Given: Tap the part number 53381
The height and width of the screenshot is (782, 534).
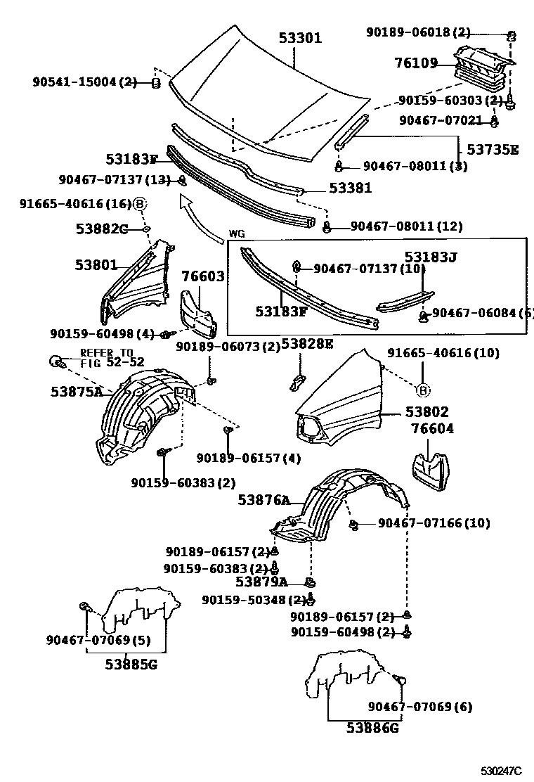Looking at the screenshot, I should (x=351, y=189).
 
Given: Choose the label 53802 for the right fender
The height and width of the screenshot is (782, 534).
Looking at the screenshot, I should (x=426, y=412).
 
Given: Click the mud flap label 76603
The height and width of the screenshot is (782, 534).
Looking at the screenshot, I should (x=203, y=276).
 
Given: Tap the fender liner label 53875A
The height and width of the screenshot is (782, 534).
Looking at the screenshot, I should (x=77, y=392).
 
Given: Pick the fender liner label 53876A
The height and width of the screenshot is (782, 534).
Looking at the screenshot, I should (x=263, y=500).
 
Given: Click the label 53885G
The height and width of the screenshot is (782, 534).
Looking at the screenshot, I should (x=131, y=664).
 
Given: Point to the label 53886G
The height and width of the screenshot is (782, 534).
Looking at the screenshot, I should (x=373, y=729).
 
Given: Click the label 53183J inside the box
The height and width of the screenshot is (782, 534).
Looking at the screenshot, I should (x=430, y=257).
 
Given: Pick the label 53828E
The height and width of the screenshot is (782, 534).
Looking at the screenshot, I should (x=307, y=345).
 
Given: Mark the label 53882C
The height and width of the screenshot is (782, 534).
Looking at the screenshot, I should (x=101, y=228).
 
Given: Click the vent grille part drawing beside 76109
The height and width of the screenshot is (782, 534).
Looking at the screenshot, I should (x=482, y=67).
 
